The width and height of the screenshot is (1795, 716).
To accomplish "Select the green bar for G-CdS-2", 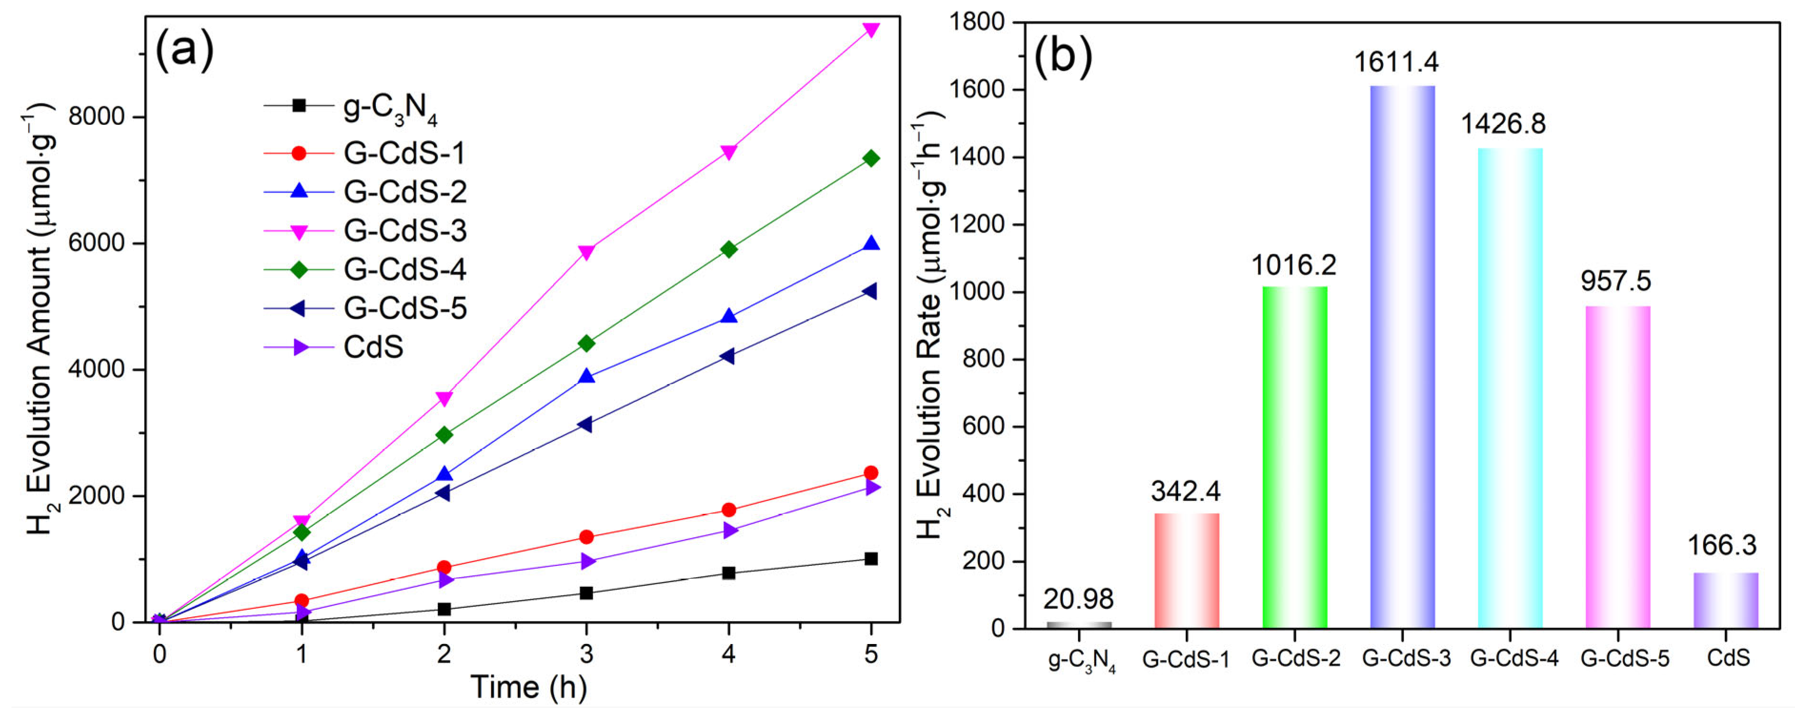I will coord(1295,457).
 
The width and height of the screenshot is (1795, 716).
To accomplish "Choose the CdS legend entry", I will coord(373,347).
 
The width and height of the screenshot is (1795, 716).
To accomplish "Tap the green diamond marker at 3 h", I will coord(586,343).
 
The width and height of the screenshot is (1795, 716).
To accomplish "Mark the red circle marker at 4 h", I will coord(729,510).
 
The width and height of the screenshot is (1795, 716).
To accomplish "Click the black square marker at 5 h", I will coord(870,558).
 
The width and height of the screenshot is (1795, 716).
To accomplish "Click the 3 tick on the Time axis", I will coord(586,654).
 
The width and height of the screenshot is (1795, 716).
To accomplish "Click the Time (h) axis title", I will coord(529,687).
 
